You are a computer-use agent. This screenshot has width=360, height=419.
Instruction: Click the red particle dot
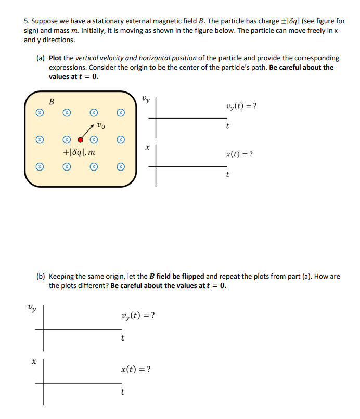[x=80, y=139]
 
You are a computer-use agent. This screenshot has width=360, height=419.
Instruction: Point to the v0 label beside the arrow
[x=101, y=125]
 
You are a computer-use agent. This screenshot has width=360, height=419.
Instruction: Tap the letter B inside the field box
[x=52, y=102]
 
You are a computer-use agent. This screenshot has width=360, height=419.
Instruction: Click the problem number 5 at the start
[x=26, y=21]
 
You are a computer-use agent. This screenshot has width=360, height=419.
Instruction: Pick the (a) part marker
[x=41, y=58]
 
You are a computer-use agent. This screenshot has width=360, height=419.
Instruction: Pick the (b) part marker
[x=41, y=277]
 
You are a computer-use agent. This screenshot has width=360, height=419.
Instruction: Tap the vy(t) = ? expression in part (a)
[x=241, y=107]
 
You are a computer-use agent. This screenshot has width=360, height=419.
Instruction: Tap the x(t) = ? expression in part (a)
[x=240, y=154]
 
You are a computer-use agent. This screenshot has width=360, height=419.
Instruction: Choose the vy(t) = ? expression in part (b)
[x=137, y=316]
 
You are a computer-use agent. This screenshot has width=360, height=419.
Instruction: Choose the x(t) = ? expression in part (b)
[x=136, y=370]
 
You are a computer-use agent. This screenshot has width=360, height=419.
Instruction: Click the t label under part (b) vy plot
[x=122, y=338]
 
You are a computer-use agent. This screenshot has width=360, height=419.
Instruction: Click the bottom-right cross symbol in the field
[x=121, y=167]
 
